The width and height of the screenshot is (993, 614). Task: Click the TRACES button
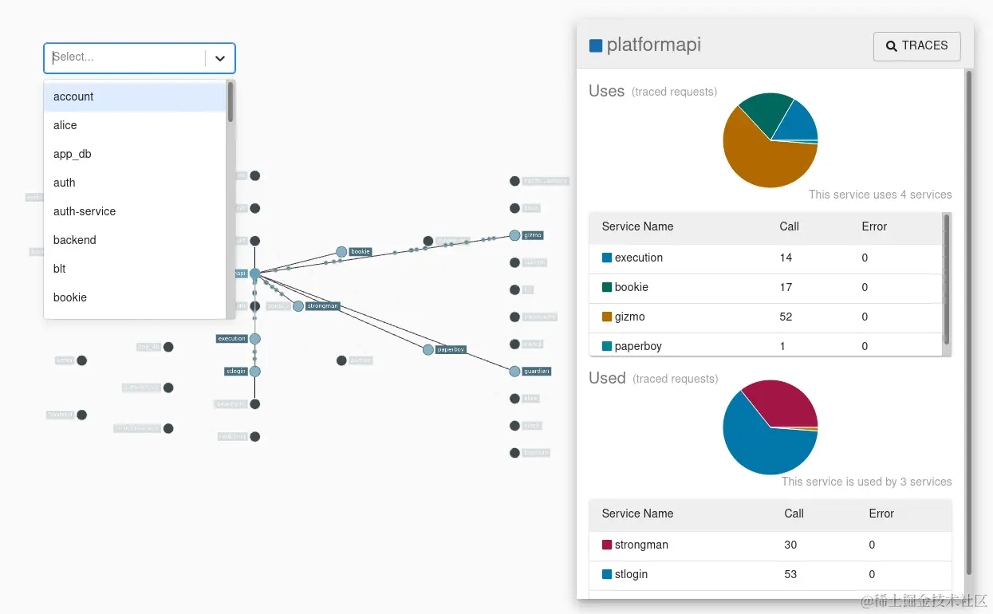click(x=916, y=46)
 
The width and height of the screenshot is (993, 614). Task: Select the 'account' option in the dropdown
click(x=73, y=96)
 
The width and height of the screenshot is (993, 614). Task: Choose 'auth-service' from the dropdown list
click(x=85, y=211)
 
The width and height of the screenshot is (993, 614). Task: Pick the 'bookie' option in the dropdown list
click(x=70, y=297)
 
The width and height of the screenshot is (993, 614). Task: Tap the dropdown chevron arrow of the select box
click(x=220, y=58)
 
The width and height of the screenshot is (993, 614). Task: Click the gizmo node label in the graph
click(x=533, y=235)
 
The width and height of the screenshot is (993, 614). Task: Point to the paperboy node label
click(x=451, y=349)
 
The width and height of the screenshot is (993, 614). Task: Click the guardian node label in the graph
click(x=537, y=371)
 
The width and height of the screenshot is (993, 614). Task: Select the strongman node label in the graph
click(x=322, y=305)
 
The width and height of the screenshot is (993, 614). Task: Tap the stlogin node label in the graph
click(x=234, y=371)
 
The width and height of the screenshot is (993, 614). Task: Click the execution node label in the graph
click(x=232, y=338)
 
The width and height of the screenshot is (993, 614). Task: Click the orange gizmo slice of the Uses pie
click(x=762, y=159)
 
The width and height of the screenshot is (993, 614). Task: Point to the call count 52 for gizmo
click(x=786, y=317)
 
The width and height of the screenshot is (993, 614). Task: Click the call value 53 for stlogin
click(x=790, y=574)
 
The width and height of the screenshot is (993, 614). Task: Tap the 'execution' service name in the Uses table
click(x=638, y=258)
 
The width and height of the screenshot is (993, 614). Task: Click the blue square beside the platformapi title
click(x=596, y=45)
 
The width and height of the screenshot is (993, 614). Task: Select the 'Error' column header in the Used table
click(x=881, y=514)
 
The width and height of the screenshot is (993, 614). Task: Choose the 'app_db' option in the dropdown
click(x=73, y=154)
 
